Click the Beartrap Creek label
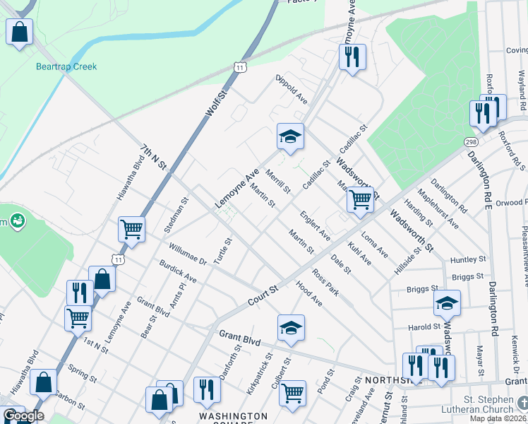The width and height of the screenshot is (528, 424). click(x=66, y=66)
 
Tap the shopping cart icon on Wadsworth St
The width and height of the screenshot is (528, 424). click(x=360, y=200)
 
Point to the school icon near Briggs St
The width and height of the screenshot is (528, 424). click(x=446, y=303)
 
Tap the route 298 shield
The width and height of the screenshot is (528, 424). click(x=471, y=143)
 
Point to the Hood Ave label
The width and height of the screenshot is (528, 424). click(x=308, y=294)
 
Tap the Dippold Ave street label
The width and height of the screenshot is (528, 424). click(x=292, y=87)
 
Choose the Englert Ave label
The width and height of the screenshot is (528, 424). click(x=314, y=225)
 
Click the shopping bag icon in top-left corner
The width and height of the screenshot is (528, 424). click(x=20, y=32)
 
